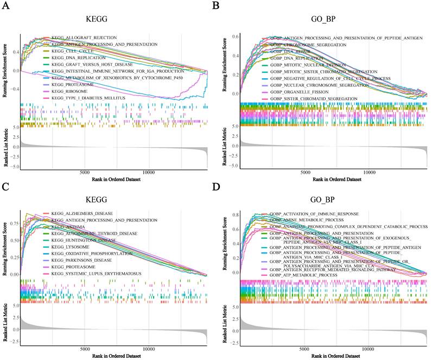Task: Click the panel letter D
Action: [x=225, y=187]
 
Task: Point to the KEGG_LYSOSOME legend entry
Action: [x=71, y=246]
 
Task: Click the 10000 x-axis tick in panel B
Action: [x=370, y=172]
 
